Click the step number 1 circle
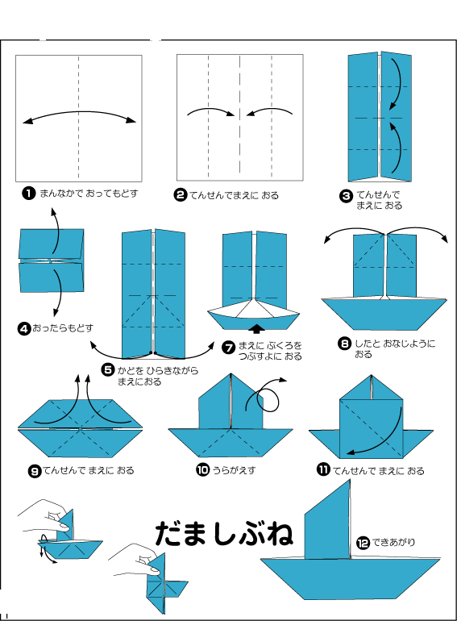(x=28, y=194)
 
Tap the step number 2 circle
(x=181, y=195)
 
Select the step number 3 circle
(x=347, y=196)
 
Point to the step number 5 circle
(x=108, y=370)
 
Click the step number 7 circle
(x=229, y=348)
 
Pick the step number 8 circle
(x=345, y=344)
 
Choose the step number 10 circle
(x=202, y=470)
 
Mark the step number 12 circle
(x=363, y=543)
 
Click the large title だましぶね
(x=224, y=533)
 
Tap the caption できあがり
(x=393, y=542)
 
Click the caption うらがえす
(x=235, y=470)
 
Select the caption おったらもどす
(x=63, y=328)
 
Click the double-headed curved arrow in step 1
(x=79, y=112)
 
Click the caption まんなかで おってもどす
(x=89, y=194)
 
